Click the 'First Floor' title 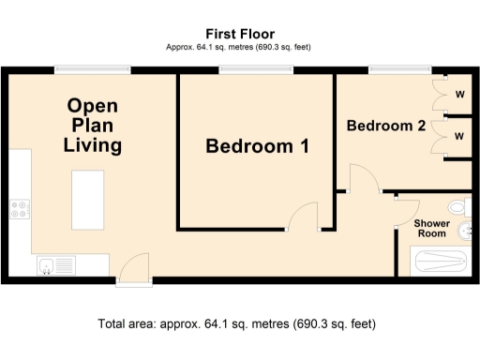(x=239, y=34)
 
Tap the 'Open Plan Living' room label (x=92, y=126)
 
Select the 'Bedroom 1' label (x=257, y=146)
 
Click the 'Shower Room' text (x=431, y=229)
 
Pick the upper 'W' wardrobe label (x=459, y=93)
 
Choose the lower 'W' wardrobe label (x=459, y=136)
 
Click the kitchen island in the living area (x=89, y=199)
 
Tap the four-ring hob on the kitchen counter (x=20, y=212)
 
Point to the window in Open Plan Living (x=92, y=67)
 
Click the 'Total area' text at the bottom (x=237, y=324)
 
